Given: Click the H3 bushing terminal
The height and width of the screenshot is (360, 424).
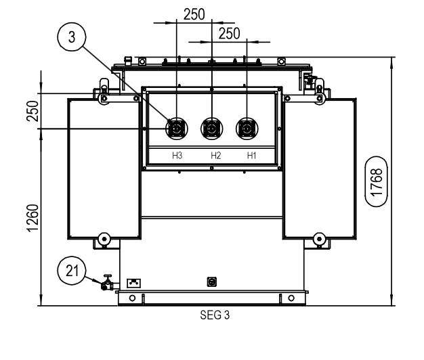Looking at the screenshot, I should [176, 128].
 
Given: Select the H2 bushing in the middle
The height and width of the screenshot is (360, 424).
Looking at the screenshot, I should [211, 128].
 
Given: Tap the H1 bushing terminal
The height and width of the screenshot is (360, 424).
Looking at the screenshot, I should [246, 128].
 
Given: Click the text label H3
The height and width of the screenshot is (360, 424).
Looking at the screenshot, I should [177, 156].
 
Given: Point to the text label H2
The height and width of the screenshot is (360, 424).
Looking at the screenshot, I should [215, 156].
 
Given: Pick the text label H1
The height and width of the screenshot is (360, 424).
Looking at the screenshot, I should [251, 156].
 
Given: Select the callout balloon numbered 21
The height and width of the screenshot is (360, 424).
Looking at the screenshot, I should [70, 271].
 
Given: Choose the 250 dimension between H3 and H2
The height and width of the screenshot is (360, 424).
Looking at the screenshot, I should [194, 14].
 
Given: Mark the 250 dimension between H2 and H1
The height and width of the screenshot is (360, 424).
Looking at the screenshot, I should [229, 33].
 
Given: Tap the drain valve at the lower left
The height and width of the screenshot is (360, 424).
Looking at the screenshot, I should [106, 284].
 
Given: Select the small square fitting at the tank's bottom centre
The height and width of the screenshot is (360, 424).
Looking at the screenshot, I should [211, 281].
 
